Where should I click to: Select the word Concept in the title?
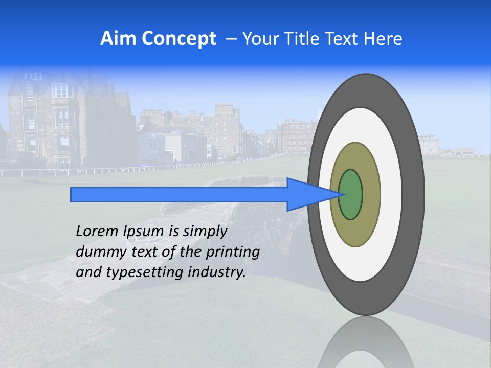click(178, 39)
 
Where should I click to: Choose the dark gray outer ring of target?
click(414, 195)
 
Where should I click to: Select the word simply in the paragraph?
click(204, 232)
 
